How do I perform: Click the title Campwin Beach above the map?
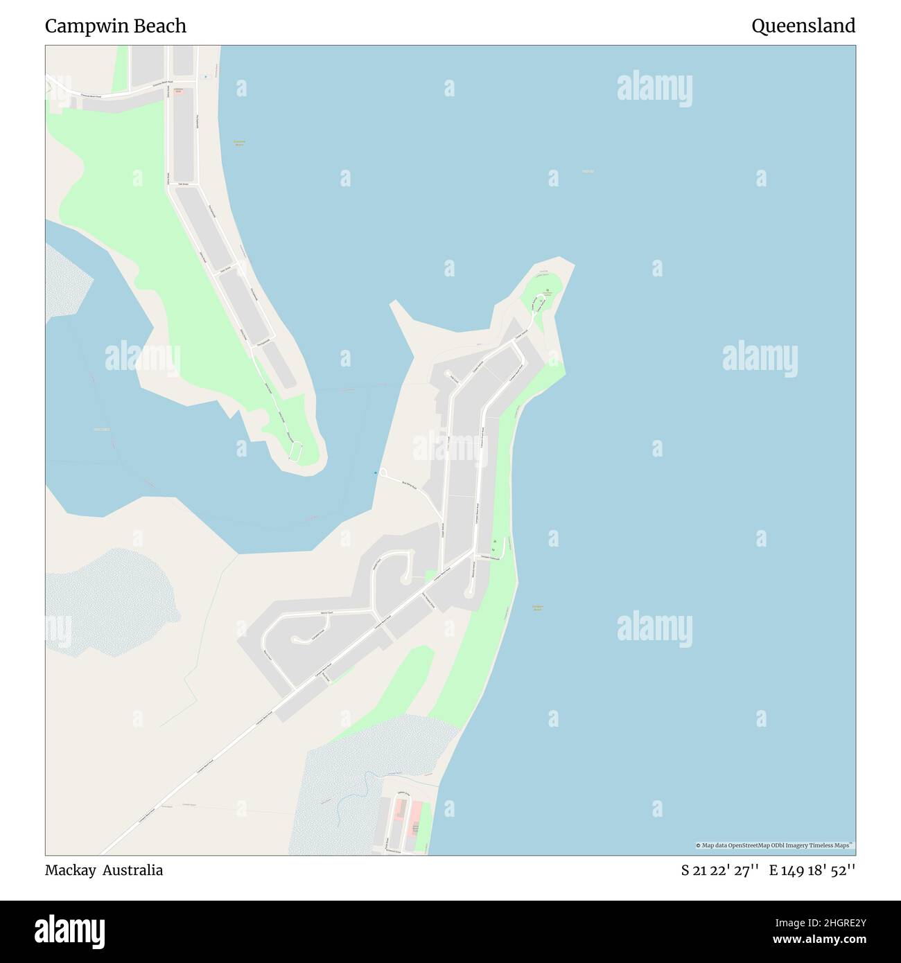(x=116, y=26)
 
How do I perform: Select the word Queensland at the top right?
(x=803, y=26)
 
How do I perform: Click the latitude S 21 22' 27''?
(x=720, y=870)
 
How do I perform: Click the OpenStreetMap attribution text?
(x=775, y=845)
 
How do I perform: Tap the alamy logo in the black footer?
(x=70, y=931)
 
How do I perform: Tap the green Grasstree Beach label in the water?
(x=239, y=143)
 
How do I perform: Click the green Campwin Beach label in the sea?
(x=537, y=608)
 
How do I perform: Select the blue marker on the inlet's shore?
(x=376, y=472)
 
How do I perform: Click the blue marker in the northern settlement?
(x=205, y=76)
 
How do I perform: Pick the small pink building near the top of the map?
(x=178, y=92)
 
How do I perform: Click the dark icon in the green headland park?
(x=547, y=290)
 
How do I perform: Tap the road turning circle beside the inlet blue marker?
(x=383, y=472)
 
